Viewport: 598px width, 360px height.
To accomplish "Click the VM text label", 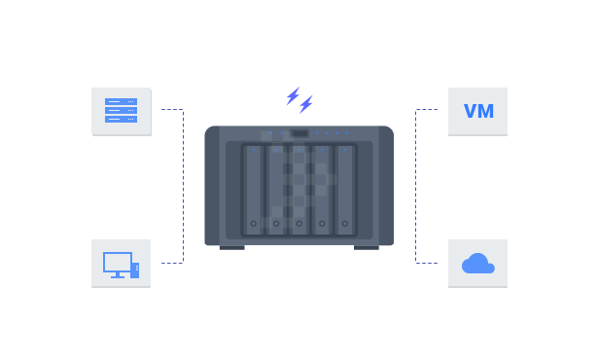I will [478, 112].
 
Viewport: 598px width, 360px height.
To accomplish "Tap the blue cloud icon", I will [477, 264].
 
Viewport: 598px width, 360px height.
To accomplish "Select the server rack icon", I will [121, 110].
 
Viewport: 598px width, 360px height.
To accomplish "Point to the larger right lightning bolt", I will [306, 104].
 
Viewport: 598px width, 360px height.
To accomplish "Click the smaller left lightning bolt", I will [292, 95].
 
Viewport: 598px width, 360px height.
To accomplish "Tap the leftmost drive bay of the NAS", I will [253, 190].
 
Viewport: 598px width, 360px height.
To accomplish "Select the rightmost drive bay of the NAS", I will [345, 190].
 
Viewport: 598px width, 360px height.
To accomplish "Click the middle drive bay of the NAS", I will [299, 190].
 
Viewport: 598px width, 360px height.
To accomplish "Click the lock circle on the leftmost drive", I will [253, 225].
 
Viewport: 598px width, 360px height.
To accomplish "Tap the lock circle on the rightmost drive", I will [345, 225].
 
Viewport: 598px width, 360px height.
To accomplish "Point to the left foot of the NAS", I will [231, 247].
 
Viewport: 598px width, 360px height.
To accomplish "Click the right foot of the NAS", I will [367, 247].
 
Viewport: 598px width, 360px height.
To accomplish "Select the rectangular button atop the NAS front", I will [299, 133].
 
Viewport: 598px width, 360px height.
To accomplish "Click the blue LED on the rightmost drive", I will [345, 151].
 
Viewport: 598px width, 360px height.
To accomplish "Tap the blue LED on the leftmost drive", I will [253, 151].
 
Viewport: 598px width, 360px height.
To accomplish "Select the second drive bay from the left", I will [276, 190].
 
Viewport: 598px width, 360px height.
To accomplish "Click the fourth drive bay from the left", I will [323, 190].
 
